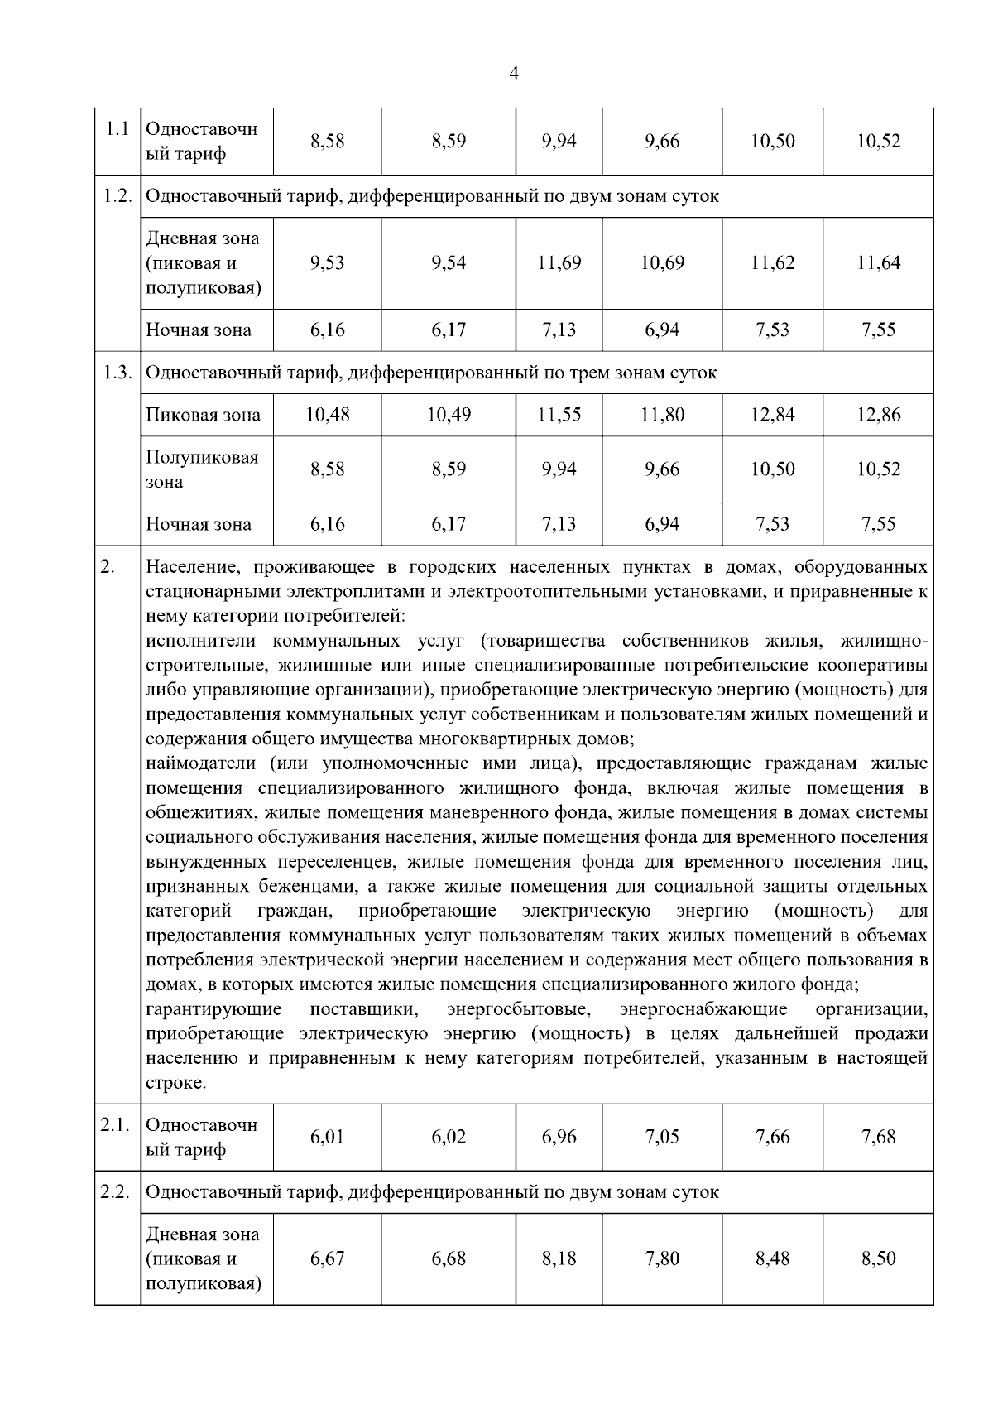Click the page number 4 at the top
[514, 74]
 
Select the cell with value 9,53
[327, 263]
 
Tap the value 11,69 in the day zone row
[559, 263]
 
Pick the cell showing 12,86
[878, 415]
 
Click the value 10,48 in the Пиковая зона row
[327, 415]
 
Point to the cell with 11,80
[662, 415]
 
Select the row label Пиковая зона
[203, 416]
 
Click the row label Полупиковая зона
[202, 469]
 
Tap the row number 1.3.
[118, 373]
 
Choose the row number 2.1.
[116, 1125]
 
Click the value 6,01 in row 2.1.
[327, 1137]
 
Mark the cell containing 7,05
[662, 1137]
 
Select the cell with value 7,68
[878, 1137]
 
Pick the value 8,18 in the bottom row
[559, 1258]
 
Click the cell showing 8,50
[878, 1258]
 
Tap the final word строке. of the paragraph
[175, 1084]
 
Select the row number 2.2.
[117, 1192]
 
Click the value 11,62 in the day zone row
[772, 263]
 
